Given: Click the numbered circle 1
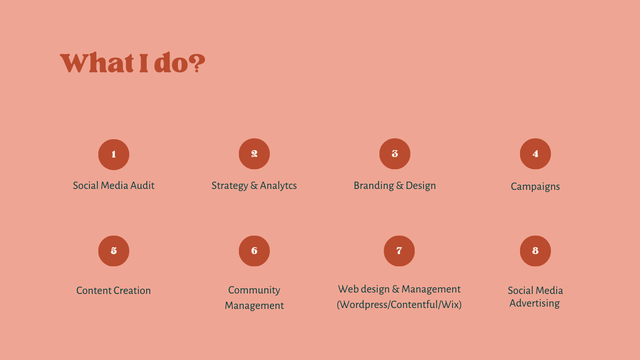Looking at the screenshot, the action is [x=114, y=155].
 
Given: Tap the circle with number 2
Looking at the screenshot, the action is [x=254, y=154].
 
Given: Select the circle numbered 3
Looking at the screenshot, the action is [x=395, y=154].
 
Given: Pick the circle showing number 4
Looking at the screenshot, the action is [x=536, y=154].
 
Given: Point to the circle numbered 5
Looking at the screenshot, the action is [x=114, y=251].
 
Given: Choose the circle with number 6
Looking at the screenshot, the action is [x=254, y=251].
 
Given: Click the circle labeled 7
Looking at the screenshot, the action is [x=399, y=251].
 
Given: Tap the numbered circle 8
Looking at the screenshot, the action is [x=536, y=251].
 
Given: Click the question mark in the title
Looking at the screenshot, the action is [x=197, y=63].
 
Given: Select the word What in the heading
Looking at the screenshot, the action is [x=97, y=63].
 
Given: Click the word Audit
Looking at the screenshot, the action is [x=142, y=185].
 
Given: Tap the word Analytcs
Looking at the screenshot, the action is [x=278, y=186].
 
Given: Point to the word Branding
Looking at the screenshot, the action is [x=374, y=186].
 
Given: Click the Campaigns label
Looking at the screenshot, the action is [x=535, y=187].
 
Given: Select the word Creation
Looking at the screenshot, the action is [x=132, y=291].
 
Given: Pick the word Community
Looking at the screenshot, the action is [x=254, y=290].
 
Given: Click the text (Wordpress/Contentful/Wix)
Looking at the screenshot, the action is [x=399, y=305].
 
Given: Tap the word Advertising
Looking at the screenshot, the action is [x=535, y=303].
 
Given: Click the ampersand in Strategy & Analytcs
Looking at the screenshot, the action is [x=254, y=186].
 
